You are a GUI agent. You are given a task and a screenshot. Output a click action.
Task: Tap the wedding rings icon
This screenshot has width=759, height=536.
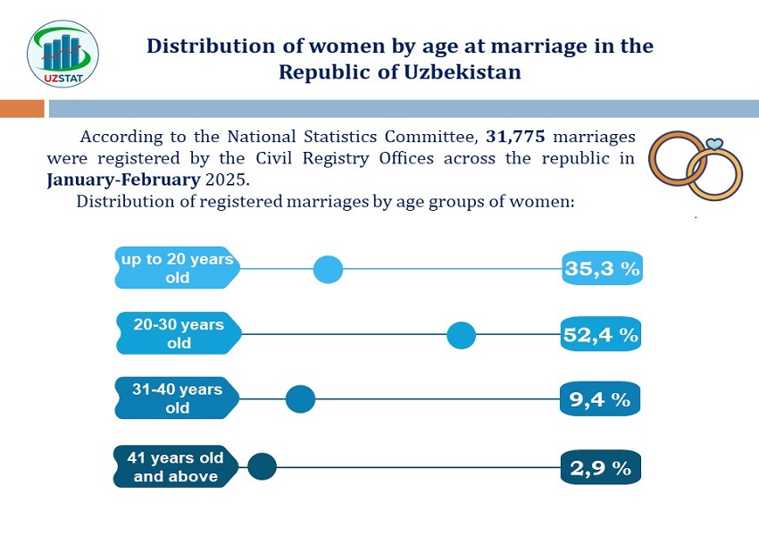pos(696,168)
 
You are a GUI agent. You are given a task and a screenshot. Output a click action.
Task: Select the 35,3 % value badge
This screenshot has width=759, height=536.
pos(602,269)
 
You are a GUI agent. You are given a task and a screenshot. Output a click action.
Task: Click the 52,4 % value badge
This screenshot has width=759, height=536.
pos(601,335)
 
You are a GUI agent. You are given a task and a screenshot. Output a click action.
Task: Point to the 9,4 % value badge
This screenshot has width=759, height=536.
pos(600,399)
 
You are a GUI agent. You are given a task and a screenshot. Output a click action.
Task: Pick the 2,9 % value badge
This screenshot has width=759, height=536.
pos(600,467)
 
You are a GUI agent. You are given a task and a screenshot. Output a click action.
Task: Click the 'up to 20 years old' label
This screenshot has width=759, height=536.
pos(178,268)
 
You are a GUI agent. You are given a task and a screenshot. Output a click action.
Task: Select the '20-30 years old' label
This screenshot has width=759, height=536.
pos(179,334)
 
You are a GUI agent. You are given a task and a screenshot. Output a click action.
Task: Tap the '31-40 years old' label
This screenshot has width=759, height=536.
pos(177,399)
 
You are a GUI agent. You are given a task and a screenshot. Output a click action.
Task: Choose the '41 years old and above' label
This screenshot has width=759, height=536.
pos(175,467)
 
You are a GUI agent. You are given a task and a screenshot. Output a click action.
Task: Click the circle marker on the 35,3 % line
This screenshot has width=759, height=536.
pos(329,269)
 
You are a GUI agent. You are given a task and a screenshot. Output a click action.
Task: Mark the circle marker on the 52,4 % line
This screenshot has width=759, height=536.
pos(461,336)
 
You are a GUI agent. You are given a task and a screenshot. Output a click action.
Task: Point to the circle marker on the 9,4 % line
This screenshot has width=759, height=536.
pos(300,399)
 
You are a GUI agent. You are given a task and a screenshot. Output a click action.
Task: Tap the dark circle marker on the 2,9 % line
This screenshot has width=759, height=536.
pos(262,466)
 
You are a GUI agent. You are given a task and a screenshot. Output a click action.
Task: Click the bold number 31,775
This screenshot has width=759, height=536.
pos(515,138)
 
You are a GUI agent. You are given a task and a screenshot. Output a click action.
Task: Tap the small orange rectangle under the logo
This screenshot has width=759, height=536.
pos(21,109)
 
